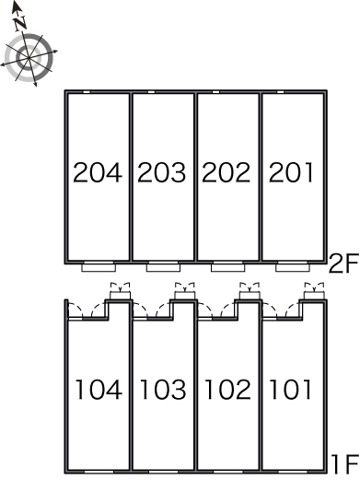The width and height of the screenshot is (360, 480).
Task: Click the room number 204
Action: tap(98, 172)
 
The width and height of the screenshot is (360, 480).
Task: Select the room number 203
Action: tap(162, 172)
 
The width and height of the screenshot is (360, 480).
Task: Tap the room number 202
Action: tap(226, 172)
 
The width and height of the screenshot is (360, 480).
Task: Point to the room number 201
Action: tap(291, 172)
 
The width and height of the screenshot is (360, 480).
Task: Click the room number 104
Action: tap(99, 390)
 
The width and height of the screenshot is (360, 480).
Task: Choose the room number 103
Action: tap(163, 390)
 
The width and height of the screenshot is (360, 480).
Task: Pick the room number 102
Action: tap(227, 390)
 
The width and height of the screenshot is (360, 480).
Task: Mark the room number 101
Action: tap(290, 390)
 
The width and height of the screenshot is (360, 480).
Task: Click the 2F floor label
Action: tap(343, 263)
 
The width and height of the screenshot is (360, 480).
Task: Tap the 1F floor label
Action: tap(345, 463)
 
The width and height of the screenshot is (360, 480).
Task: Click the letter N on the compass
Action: tap(20, 23)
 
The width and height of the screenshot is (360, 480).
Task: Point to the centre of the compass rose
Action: tap(29, 57)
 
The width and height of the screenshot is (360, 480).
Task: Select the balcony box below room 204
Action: tap(99, 267)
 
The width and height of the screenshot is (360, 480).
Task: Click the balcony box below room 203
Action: tap(163, 267)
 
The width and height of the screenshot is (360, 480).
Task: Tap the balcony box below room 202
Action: tap(228, 267)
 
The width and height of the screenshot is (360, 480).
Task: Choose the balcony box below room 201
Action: tap(293, 267)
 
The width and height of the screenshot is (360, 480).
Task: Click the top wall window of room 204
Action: tap(87, 92)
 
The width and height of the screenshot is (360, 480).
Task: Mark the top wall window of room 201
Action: tap(281, 92)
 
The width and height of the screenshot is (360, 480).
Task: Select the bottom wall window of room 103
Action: tap(163, 472)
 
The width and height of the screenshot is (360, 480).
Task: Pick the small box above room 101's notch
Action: tap(314, 296)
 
